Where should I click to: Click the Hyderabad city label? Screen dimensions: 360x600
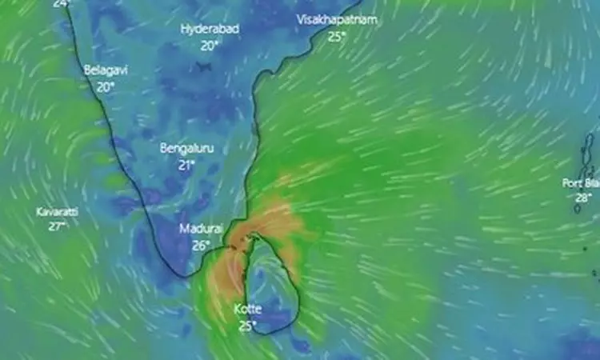pyautogui.click(x=210, y=29)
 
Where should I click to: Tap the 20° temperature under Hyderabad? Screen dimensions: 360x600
pyautogui.click(x=210, y=46)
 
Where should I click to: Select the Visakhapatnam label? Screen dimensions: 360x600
pyautogui.click(x=336, y=18)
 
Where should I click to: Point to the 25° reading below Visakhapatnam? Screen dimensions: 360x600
pyautogui.click(x=336, y=35)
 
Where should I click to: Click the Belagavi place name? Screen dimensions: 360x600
pyautogui.click(x=106, y=70)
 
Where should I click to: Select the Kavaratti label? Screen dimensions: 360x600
pyautogui.click(x=56, y=212)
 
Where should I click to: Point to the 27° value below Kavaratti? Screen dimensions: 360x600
pyautogui.click(x=56, y=226)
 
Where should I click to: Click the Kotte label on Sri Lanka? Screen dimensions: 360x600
pyautogui.click(x=246, y=309)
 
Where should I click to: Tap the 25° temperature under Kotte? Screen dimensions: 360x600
pyautogui.click(x=246, y=325)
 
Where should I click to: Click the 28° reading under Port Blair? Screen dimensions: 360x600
pyautogui.click(x=583, y=198)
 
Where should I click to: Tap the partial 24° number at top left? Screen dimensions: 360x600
pyautogui.click(x=61, y=3)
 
